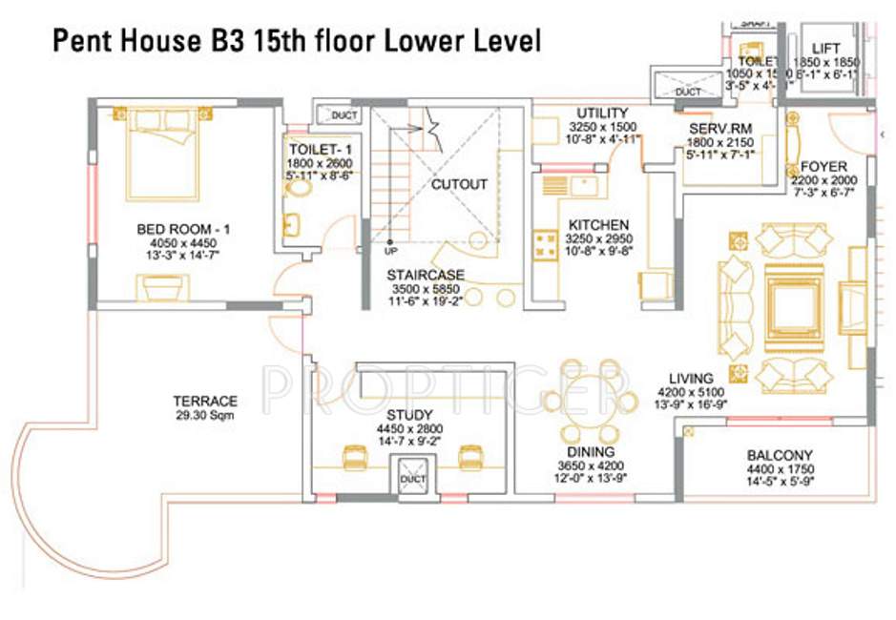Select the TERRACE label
click(x=205, y=402)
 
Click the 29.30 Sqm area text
click(x=205, y=416)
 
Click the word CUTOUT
click(x=459, y=184)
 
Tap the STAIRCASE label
click(x=426, y=275)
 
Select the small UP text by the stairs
click(x=391, y=253)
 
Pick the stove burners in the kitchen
click(x=546, y=244)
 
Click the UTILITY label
click(x=602, y=114)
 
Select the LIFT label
click(x=825, y=48)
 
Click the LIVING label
click(x=684, y=378)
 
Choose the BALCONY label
click(x=780, y=456)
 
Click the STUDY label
click(x=409, y=416)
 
